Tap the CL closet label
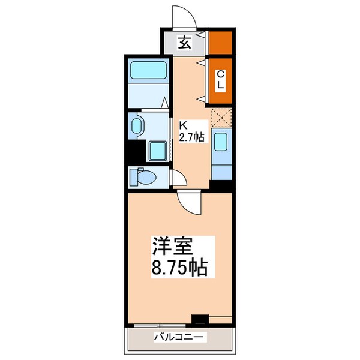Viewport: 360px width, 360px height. (x=220, y=79)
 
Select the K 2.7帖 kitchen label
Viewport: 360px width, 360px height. (x=192, y=132)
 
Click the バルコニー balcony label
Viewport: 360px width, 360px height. (x=179, y=337)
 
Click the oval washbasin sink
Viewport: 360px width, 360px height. (x=137, y=126)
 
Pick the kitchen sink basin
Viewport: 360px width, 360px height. (x=220, y=143)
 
